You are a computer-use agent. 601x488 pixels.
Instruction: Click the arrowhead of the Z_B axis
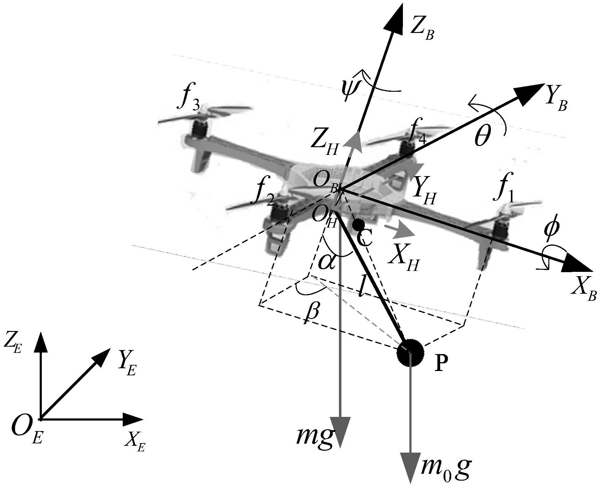tap(395, 18)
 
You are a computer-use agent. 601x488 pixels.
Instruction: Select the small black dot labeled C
tap(359, 224)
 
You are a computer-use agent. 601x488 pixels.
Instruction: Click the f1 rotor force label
tap(505, 194)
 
